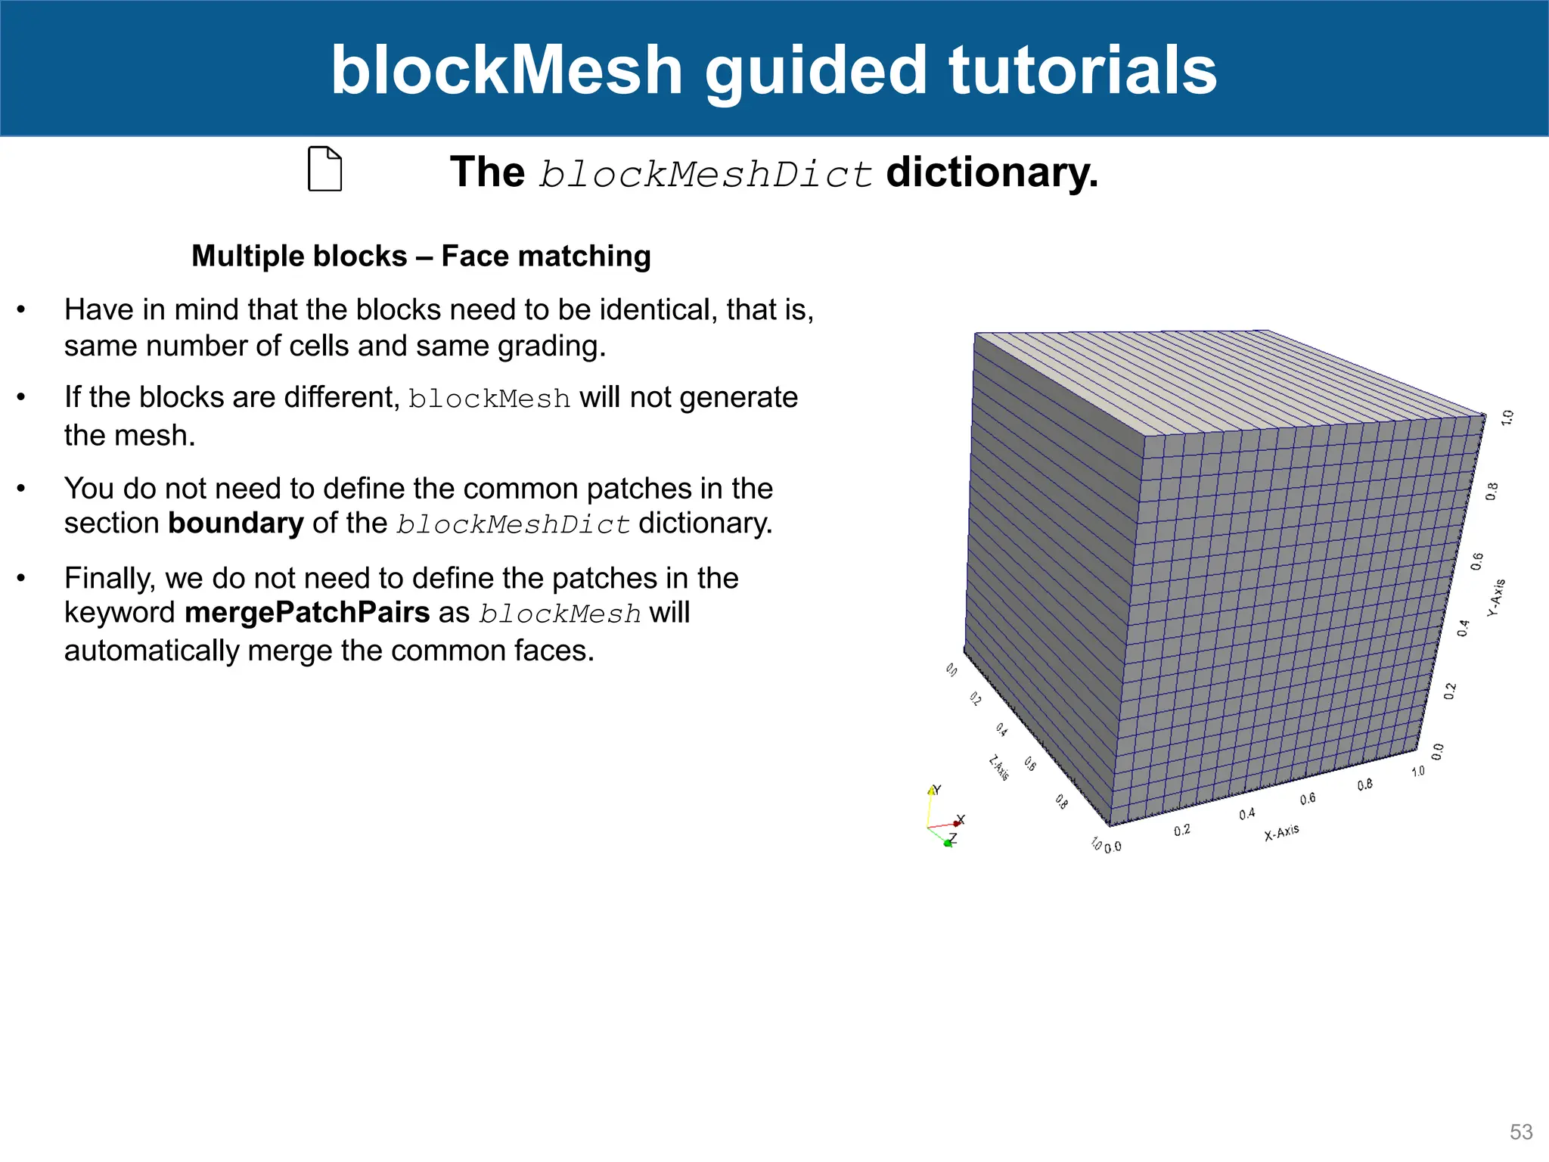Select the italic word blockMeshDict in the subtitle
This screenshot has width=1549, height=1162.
[706, 174]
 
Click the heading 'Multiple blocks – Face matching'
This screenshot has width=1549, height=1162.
[421, 256]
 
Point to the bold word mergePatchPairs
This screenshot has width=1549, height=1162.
[307, 612]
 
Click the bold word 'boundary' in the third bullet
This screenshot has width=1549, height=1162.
[235, 524]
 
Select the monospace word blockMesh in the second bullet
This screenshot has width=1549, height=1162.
[489, 399]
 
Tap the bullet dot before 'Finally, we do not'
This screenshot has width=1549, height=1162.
[22, 579]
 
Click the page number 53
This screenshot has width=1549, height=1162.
[1520, 1132]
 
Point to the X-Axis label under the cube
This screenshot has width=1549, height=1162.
[1281, 832]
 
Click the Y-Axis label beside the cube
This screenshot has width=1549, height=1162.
[1496, 598]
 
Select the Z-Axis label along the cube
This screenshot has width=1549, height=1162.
[999, 768]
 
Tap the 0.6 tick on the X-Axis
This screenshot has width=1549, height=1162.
[1308, 799]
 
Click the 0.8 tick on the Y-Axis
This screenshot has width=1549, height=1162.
[1492, 492]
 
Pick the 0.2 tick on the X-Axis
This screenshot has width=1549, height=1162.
[1182, 830]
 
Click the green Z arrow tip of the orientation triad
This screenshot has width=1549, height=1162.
[947, 843]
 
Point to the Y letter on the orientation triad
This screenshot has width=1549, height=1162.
[937, 789]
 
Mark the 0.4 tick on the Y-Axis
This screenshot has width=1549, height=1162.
[1464, 628]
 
